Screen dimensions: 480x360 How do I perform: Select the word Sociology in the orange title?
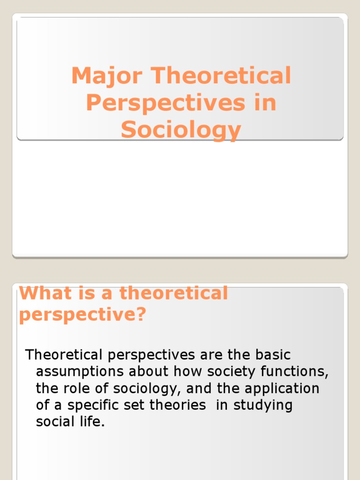pos(181,130)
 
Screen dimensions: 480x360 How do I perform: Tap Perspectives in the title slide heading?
pos(165,103)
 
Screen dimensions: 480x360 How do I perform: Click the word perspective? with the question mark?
pos(82,315)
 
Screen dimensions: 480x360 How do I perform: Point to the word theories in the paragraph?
pos(178,405)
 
